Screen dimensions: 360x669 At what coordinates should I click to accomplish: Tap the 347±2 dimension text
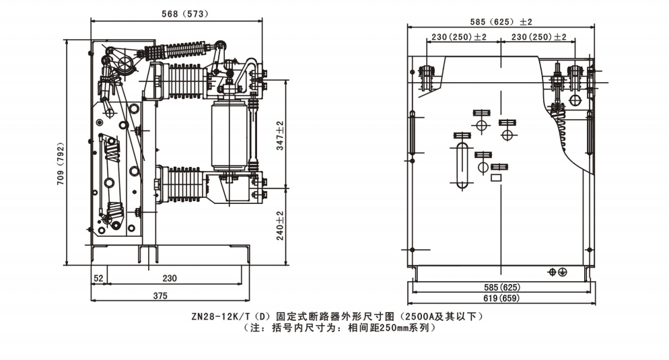tap(281, 135)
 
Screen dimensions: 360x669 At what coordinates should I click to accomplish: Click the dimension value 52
tap(98, 278)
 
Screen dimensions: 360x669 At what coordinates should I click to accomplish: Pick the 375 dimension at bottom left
tap(160, 295)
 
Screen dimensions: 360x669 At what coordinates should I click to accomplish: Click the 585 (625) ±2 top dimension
tap(501, 22)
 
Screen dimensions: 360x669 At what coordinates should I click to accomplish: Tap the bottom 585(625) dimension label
tap(501, 287)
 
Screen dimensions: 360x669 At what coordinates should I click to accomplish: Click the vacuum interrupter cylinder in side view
tap(229, 135)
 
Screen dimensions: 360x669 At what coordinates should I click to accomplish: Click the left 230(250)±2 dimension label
tap(460, 37)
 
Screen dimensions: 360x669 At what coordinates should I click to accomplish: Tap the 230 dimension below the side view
tap(170, 278)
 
